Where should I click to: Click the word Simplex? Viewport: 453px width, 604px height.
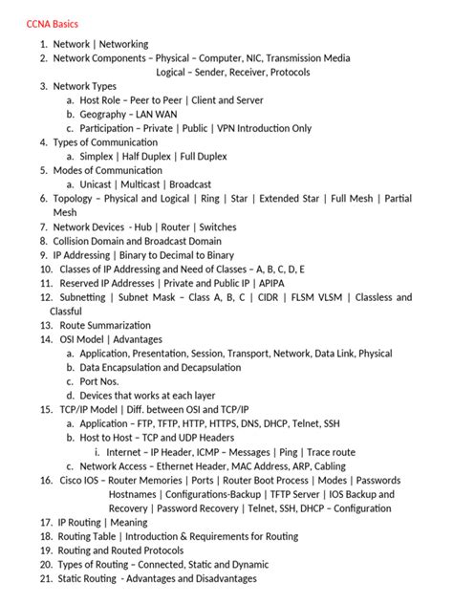(98, 156)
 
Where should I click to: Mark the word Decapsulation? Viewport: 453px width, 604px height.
(205, 368)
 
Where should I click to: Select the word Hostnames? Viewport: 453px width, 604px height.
(134, 494)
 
